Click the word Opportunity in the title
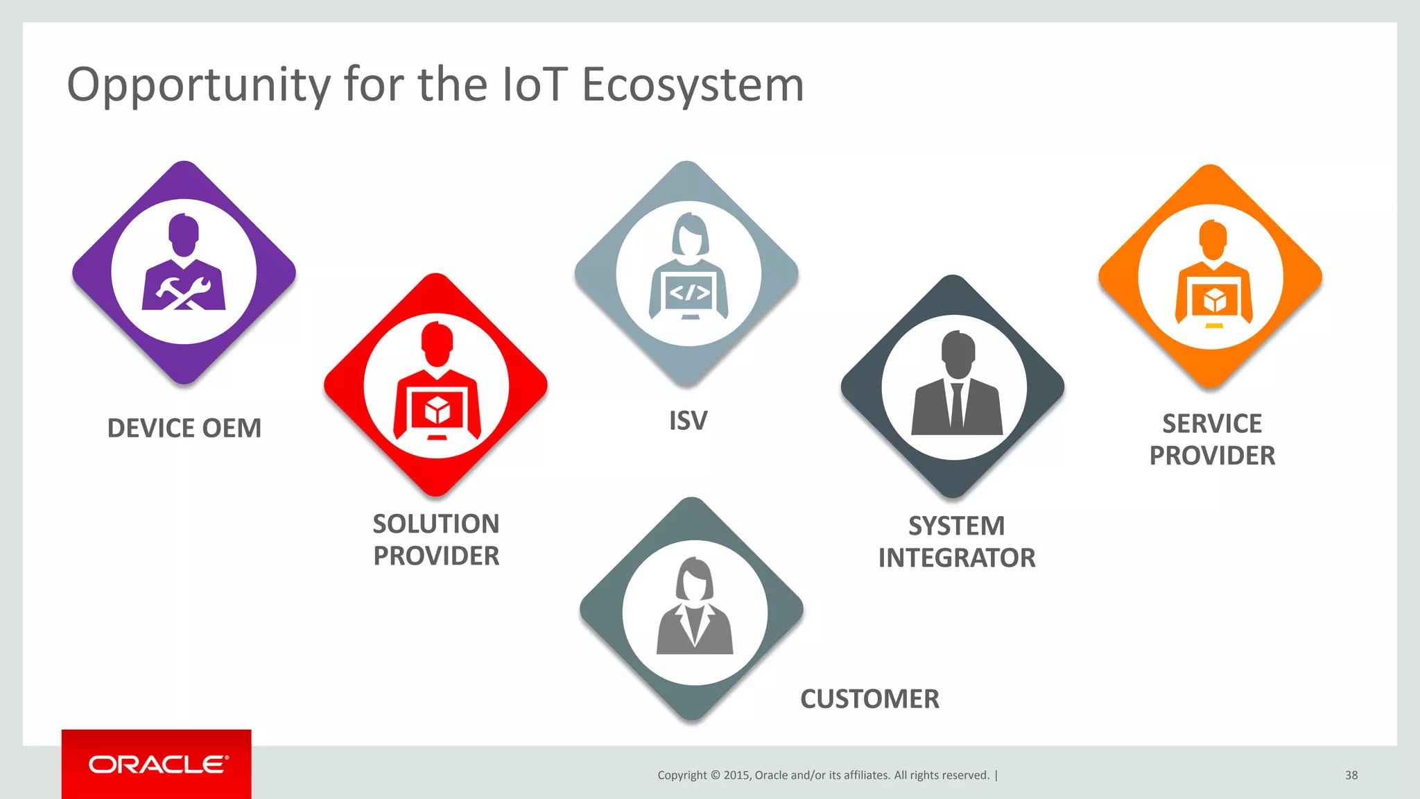(198, 86)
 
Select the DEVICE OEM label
(184, 428)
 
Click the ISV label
(688, 420)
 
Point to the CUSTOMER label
(869, 698)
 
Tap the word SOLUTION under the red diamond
(435, 524)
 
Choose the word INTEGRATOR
(956, 558)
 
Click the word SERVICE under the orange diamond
(1211, 423)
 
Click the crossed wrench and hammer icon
(183, 293)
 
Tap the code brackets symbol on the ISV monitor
(689, 293)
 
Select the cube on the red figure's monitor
(437, 411)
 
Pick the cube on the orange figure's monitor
(1214, 301)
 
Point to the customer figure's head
(694, 580)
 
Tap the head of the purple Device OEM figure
(184, 234)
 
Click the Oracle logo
(157, 764)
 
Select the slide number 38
(1351, 775)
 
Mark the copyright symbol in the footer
(716, 775)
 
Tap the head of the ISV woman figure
(690, 234)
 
